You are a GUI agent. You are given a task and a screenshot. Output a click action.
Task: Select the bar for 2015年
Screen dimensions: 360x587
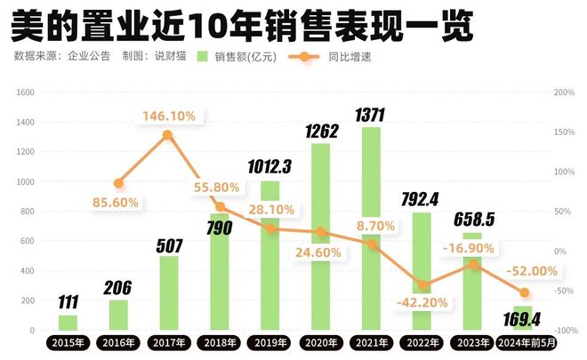[68, 322]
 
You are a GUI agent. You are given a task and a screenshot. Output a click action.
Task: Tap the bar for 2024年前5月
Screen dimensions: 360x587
[524, 317]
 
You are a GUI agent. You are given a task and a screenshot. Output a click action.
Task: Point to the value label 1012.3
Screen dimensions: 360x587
[269, 167]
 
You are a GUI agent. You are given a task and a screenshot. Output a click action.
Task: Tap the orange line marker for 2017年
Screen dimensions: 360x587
[168, 135]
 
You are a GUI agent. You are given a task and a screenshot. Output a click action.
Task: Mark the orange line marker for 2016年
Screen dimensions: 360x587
[118, 183]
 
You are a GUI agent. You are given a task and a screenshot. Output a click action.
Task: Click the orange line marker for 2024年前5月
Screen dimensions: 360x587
[524, 292]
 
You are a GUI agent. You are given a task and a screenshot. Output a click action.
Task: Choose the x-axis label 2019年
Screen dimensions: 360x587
[270, 342]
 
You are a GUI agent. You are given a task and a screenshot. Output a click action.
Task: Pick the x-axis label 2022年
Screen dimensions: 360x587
[422, 342]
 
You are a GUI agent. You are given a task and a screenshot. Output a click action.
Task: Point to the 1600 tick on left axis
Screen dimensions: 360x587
[25, 92]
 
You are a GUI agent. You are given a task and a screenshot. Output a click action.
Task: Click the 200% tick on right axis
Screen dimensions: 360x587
[563, 92]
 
